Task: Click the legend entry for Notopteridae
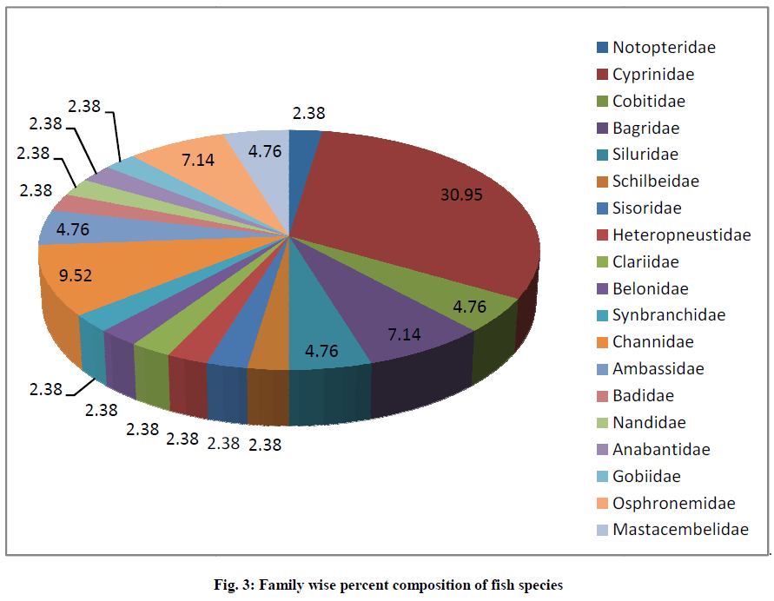click(x=664, y=48)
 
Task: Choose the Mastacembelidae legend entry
click(x=679, y=529)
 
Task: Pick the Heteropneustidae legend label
click(x=681, y=234)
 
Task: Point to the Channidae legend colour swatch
click(x=602, y=342)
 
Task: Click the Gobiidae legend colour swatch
click(x=602, y=476)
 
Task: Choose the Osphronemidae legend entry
click(x=673, y=503)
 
